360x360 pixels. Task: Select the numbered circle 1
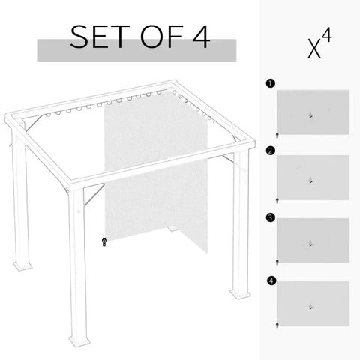point(269,84)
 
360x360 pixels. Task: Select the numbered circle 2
point(269,150)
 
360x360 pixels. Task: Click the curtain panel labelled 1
point(313,111)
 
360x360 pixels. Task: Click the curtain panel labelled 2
point(313,177)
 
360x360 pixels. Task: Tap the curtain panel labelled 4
point(313,303)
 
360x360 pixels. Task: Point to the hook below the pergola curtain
point(105,241)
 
